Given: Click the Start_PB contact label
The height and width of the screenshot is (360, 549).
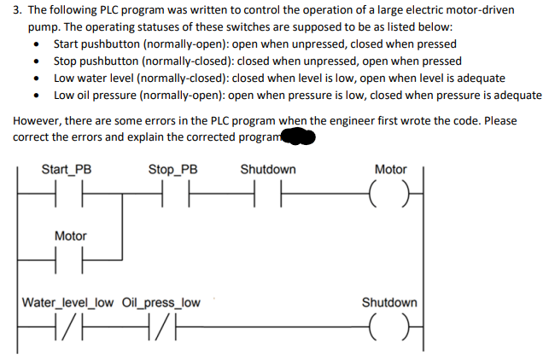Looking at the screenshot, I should tap(67, 169).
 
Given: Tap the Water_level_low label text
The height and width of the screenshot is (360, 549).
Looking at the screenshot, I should tap(64, 302).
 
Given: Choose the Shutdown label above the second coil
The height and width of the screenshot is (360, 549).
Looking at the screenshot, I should tap(389, 302).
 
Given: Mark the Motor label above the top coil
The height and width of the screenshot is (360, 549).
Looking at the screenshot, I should tap(391, 169).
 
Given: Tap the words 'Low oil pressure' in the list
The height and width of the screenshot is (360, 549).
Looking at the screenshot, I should tap(94, 95).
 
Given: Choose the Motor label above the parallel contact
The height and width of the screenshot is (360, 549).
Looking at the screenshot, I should tap(70, 235).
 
